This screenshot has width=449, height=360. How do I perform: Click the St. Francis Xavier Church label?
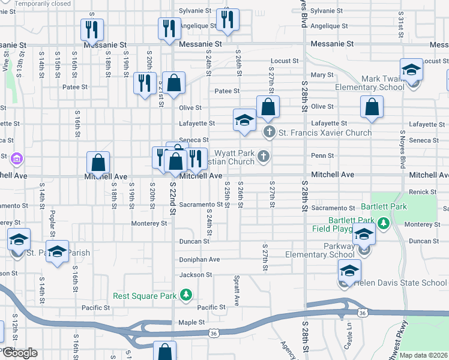324,133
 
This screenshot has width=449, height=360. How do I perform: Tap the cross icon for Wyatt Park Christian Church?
263,157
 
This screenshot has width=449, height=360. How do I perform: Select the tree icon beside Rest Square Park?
187,295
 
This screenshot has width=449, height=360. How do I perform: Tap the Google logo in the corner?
19,353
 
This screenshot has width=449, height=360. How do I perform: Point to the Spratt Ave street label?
237,291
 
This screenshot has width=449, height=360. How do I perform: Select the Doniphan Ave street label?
200,260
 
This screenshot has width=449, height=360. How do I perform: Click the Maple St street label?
191,323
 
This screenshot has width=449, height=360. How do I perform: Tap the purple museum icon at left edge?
17,159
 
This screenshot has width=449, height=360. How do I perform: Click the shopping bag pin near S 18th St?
98,163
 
